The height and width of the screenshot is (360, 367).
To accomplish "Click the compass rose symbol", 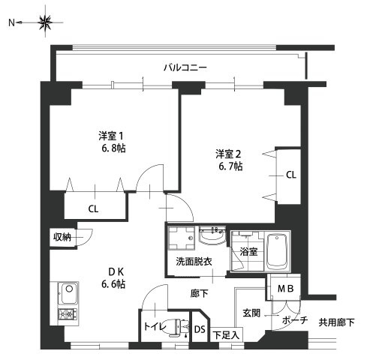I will coord(44,22).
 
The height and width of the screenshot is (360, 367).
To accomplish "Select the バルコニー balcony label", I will coord(185,67).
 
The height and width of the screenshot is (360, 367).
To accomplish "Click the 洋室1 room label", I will coord(110,136).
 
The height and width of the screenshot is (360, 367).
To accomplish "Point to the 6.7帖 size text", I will coord(229,166).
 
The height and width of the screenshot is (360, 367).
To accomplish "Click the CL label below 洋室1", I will coord(94,208).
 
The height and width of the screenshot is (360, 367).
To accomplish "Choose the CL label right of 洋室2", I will coord(290,175).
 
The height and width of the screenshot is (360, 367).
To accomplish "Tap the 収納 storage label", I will coord(62,237).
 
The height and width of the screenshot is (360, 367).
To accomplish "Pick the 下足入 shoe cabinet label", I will coord(225,335).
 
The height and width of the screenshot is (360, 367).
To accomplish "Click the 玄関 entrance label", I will coord(251,312).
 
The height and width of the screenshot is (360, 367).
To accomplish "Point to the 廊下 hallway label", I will coord(200,294).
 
